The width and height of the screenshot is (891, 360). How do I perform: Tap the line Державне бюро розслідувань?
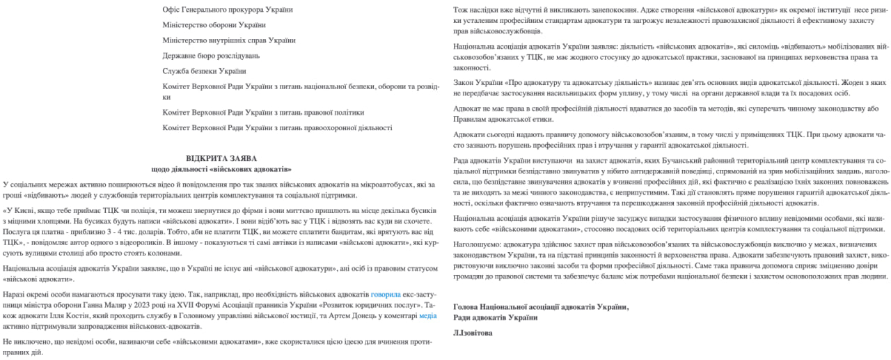coord(211,56)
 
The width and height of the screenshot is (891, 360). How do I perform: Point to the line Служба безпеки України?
coord(204,71)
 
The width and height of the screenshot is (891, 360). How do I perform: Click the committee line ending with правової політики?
coord(263,112)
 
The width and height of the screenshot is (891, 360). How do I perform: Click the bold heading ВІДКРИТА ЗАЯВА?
coord(221,159)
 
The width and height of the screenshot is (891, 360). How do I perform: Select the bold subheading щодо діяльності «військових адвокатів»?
coord(221,169)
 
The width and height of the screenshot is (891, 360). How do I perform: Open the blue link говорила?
coord(386,295)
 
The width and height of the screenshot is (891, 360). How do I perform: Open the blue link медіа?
coord(427,315)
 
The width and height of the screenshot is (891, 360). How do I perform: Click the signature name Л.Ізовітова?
coord(473,333)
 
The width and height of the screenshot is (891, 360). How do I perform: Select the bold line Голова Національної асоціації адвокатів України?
coord(540,307)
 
